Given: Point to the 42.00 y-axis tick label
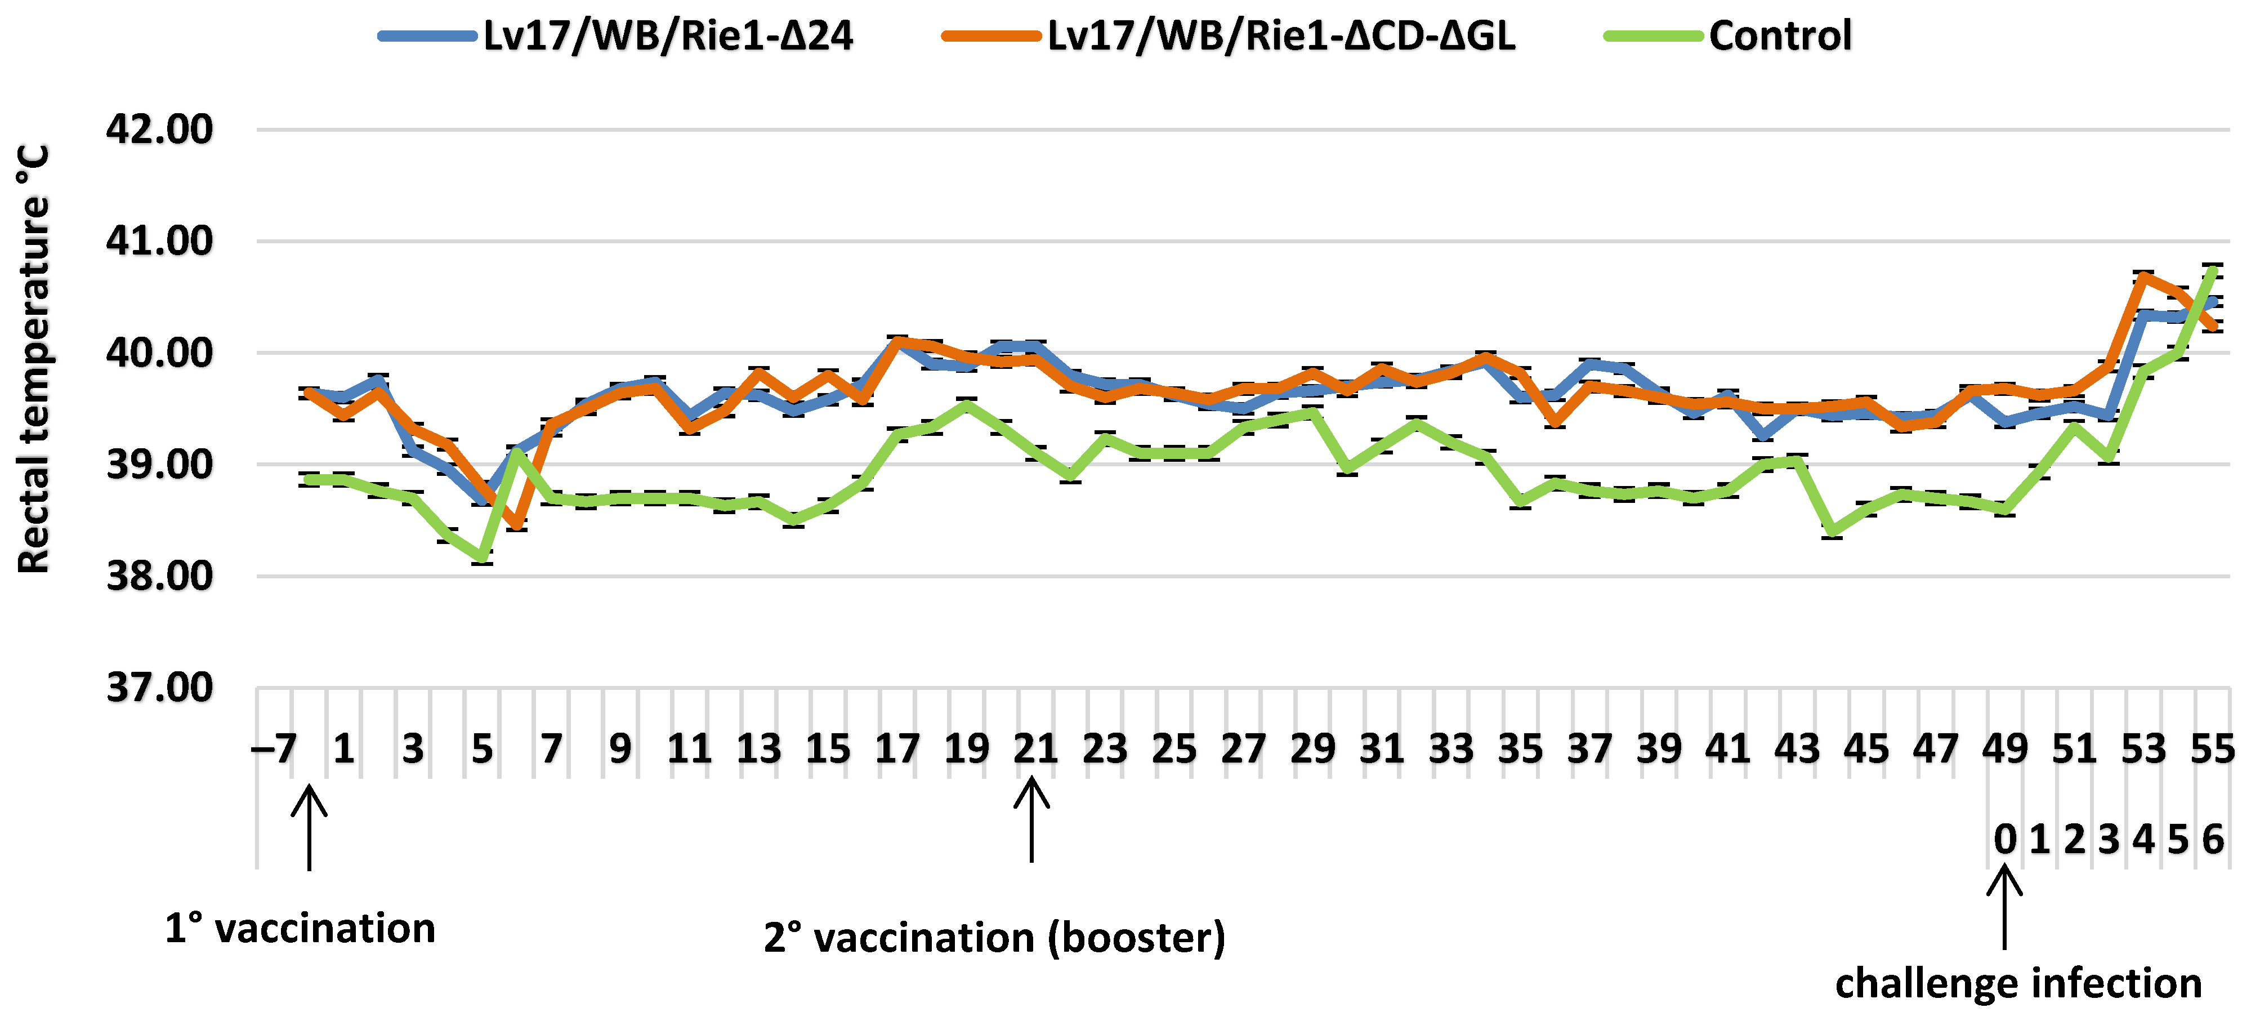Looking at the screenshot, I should pos(160,130).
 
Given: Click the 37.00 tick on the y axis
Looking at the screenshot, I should pos(160,688).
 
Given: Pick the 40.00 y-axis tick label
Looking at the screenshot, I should pos(160,353).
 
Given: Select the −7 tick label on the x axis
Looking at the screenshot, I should pos(274,749).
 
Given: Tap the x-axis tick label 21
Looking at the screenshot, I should pos(1035,749).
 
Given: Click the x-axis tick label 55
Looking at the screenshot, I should pos(2212,749).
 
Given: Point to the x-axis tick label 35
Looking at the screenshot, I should pos(1521,749).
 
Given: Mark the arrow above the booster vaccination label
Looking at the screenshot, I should pos(1032,820).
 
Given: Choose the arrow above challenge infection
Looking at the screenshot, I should pos(2004,906).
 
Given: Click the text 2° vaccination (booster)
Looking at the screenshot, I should pos(994,938).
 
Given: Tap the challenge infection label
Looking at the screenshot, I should pos(2018,983).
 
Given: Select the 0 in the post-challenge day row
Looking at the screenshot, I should pos(2004,839).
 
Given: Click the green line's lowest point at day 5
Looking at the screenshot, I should pos(483,558).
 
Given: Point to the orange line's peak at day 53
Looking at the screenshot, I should pos(2143,275).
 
